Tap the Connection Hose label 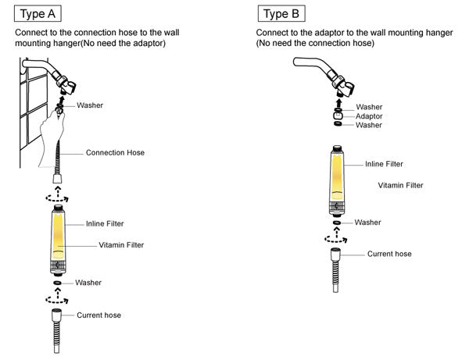tap(115, 152)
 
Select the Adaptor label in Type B tap(369, 116)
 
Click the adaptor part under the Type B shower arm tap(338, 116)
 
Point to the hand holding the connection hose tap(52, 137)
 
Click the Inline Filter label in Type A tap(105, 224)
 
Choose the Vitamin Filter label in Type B tap(400, 185)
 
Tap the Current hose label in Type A tap(98, 315)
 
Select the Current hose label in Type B tap(389, 254)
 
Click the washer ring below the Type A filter tap(57, 283)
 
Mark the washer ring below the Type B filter tap(337, 223)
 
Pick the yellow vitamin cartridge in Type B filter tap(337, 176)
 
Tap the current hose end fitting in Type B tap(335, 255)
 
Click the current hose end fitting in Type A tap(56, 315)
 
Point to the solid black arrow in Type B tap(338, 103)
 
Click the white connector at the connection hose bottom tap(57, 179)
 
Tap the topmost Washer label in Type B tap(369, 107)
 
